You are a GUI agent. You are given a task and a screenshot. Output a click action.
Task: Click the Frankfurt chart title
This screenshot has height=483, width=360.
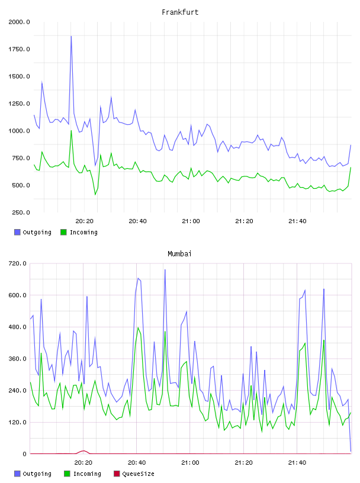tap(180, 12)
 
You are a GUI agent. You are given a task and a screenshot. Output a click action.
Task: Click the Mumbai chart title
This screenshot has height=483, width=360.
tap(179, 254)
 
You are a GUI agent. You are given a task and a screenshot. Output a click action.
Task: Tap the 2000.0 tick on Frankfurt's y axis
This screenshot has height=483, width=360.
tap(19, 22)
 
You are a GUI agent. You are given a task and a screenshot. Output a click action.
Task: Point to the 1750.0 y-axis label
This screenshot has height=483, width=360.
tap(19, 49)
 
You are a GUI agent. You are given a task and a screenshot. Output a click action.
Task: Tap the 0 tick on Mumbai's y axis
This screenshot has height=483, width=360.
tap(25, 454)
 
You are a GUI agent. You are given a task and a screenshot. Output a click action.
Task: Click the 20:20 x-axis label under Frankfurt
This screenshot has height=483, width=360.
tap(85, 221)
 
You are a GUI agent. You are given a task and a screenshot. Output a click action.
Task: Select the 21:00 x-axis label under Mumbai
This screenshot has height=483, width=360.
tap(190, 463)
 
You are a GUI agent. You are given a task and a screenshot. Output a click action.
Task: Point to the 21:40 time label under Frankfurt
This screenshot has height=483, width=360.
tap(297, 221)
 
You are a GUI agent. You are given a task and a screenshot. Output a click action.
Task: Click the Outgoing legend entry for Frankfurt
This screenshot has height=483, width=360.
tap(33, 232)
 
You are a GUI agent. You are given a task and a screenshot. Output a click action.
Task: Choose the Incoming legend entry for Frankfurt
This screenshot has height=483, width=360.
tap(79, 232)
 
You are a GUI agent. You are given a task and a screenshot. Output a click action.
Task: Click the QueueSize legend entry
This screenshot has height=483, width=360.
tap(134, 474)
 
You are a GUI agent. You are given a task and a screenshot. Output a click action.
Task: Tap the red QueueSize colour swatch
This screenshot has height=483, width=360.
tap(117, 474)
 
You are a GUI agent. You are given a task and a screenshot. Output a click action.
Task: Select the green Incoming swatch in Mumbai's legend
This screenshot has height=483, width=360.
tap(67, 474)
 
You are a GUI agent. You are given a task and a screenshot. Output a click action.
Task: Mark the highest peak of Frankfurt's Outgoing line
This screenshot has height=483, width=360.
tap(71, 36)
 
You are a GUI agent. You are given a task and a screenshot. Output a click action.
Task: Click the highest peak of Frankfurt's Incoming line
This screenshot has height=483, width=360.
tap(71, 131)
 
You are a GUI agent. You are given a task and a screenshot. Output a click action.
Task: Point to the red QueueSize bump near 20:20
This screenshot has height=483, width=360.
tap(83, 452)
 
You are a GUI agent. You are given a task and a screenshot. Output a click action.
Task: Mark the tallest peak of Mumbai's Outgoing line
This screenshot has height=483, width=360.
tap(165, 270)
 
